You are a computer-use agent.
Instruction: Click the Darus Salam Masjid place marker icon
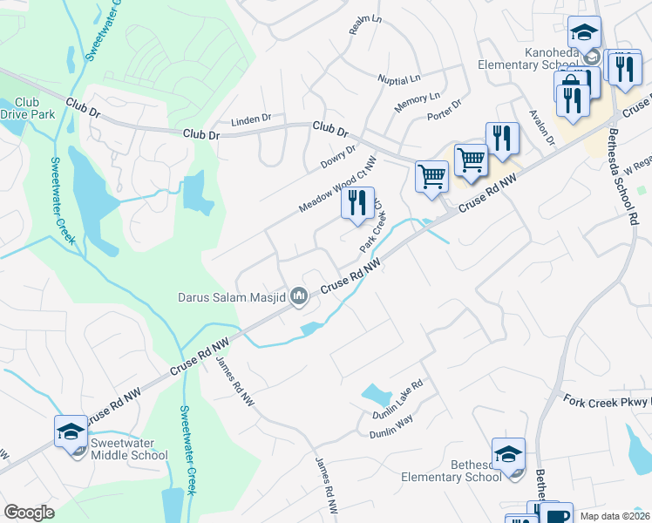pos(300,298)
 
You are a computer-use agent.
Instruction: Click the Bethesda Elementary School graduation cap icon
pos(508,454)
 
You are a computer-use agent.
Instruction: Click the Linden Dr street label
pos(251,119)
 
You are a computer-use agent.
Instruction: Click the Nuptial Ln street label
pos(399,79)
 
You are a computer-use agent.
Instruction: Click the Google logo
pos(29,513)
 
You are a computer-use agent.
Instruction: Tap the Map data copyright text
pos(615,515)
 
